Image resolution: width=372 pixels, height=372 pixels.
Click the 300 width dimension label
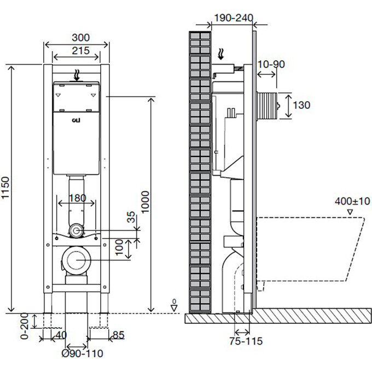80,38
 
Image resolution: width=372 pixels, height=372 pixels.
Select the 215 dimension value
80,50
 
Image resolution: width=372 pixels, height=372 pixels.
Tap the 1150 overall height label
5,188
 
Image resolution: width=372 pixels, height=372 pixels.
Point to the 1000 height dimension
145,202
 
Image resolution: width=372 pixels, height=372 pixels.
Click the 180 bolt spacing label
77,198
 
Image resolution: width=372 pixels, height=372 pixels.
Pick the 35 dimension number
131,217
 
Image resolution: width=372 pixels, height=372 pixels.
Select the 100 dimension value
119,247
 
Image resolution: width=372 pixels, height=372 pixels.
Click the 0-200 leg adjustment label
25,326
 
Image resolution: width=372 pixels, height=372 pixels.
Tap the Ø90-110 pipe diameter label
82,353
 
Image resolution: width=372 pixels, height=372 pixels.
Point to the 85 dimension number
118,335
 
